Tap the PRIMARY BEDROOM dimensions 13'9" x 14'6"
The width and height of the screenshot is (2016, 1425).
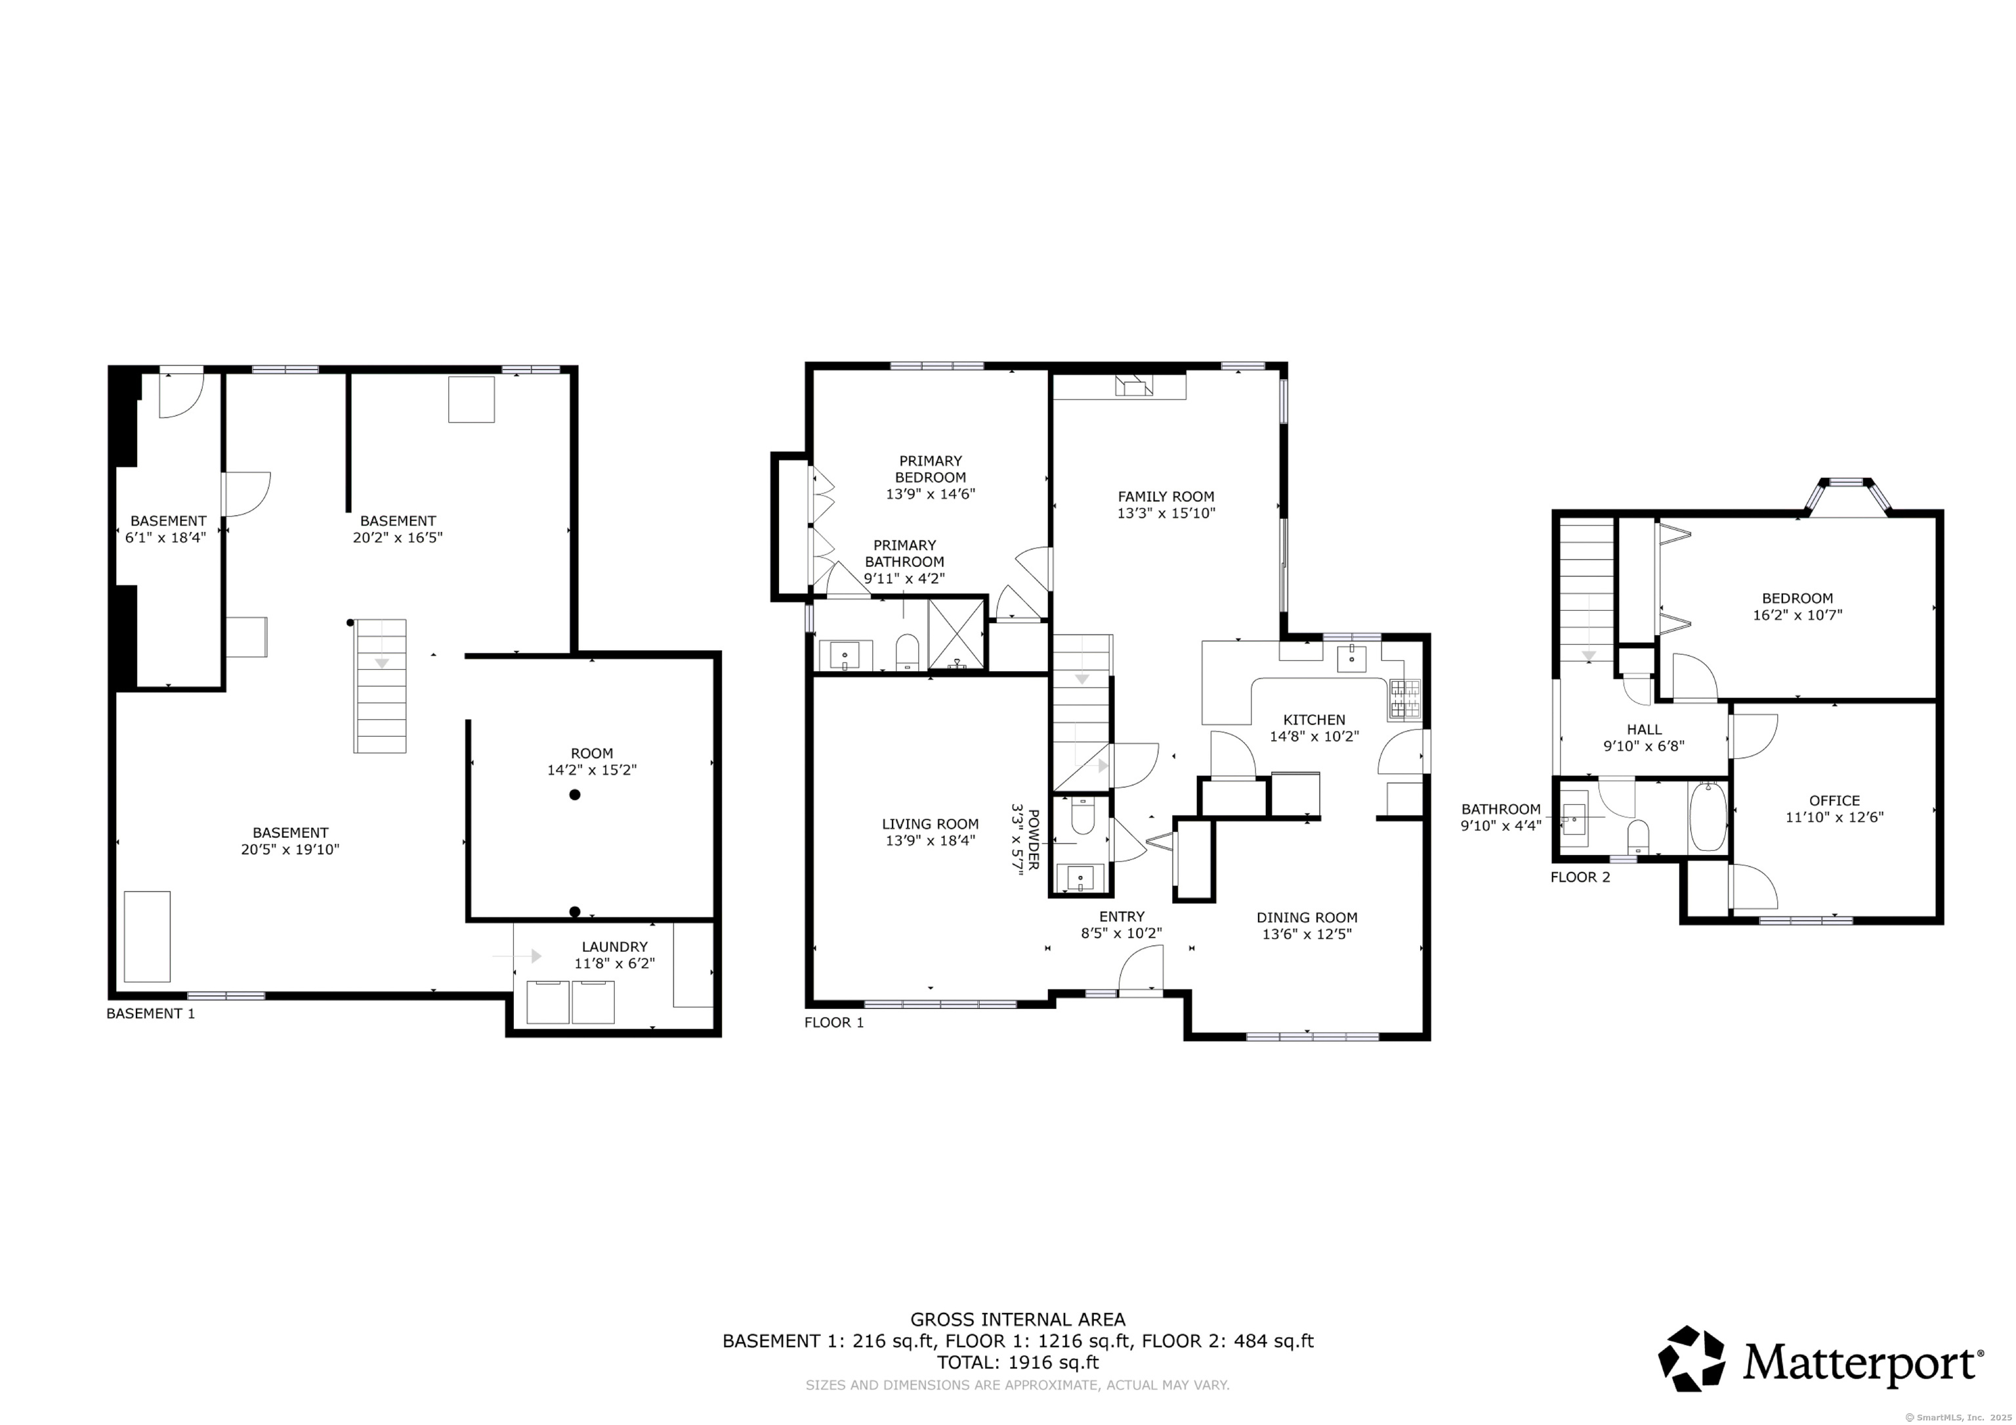[930, 494]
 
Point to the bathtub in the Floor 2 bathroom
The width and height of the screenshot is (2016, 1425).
[1707, 817]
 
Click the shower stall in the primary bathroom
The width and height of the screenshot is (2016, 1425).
[956, 633]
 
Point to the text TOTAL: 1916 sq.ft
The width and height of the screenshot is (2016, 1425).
[1018, 1363]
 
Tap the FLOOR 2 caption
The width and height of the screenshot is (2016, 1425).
[1580, 877]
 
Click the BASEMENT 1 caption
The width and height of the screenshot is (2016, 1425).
[150, 1013]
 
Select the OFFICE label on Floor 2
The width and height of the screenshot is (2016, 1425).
[1834, 800]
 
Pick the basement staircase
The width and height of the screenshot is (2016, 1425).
[380, 686]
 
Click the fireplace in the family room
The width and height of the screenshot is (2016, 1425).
[1133, 386]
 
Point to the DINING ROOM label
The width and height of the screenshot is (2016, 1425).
[1306, 917]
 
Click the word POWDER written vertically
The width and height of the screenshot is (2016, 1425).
[1034, 838]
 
